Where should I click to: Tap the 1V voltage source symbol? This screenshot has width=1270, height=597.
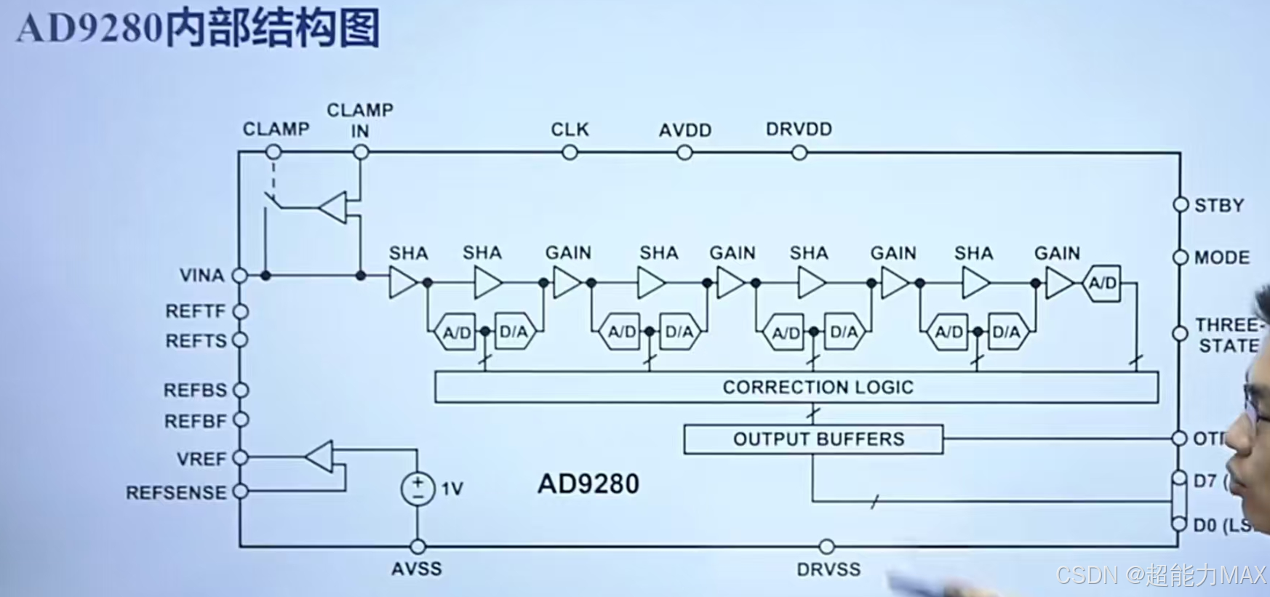point(418,489)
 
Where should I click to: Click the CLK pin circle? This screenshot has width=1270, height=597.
point(570,153)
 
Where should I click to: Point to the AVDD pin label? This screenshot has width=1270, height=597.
point(684,130)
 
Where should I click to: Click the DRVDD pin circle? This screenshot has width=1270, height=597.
point(799,153)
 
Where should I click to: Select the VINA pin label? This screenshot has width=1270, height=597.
point(201,276)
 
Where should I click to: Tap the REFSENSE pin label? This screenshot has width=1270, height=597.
point(176,493)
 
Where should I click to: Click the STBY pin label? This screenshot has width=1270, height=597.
point(1219,206)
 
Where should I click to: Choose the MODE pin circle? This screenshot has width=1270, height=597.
point(1181,257)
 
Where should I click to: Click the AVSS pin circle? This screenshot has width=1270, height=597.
point(418,546)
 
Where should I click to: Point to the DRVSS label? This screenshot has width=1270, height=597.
point(828,569)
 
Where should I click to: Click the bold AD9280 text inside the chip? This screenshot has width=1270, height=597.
point(588,484)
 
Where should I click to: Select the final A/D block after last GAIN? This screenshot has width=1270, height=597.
point(1102,284)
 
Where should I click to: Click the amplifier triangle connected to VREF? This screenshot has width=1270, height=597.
point(319,457)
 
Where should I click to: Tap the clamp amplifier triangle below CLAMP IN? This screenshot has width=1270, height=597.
point(334,207)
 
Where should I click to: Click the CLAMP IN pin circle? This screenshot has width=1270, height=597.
point(360,152)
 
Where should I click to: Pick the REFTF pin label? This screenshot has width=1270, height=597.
point(196,311)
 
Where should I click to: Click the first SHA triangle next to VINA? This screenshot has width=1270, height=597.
point(402,282)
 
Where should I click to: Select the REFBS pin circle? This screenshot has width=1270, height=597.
point(241,390)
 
